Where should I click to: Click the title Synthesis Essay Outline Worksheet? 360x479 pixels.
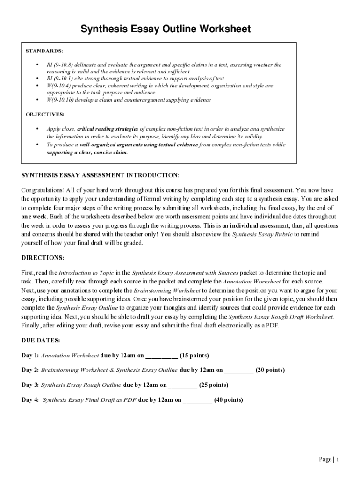click(166, 29)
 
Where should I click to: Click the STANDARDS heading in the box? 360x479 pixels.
click(44, 51)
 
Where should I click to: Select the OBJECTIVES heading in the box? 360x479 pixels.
click(45, 114)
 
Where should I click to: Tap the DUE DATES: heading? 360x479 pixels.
click(41, 340)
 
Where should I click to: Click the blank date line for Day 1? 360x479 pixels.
click(162, 356)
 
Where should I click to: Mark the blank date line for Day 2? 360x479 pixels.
click(239, 370)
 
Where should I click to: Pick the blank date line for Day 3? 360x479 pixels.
click(182, 385)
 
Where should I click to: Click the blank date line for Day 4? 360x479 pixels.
click(197, 400)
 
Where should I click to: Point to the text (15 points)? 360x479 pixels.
click(194, 355)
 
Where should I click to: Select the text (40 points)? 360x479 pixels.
click(228, 400)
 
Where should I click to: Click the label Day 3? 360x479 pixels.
click(30, 385)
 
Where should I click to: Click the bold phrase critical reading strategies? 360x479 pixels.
click(108, 129)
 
